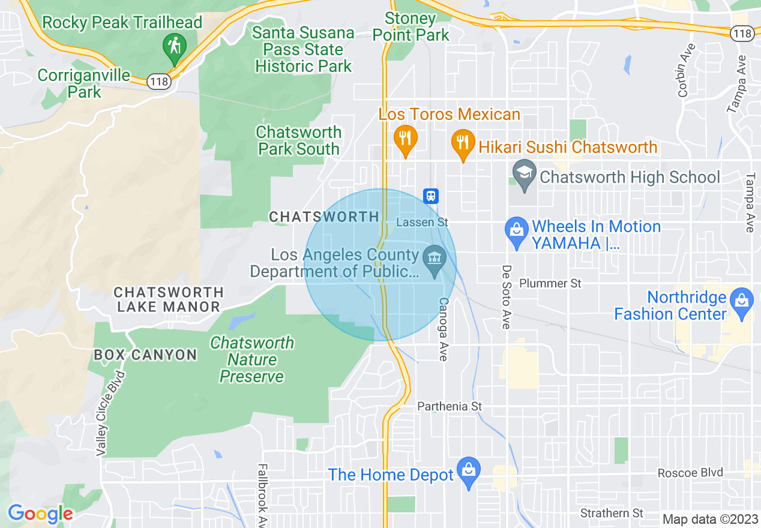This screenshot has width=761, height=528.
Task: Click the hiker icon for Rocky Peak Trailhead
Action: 175,46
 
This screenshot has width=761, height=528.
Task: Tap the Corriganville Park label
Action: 84,83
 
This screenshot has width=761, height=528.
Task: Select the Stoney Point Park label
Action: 411,27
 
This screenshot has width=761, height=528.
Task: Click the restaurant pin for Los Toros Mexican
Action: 405,139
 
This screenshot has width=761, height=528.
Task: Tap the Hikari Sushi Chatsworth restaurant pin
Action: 463,143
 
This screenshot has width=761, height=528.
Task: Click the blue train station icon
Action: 431,196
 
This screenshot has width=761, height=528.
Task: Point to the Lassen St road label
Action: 423,222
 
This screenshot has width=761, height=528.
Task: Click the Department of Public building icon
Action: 434,260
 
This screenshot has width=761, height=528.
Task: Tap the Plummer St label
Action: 550,283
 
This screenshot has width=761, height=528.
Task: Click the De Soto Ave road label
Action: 506,296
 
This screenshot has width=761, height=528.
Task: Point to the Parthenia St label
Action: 450,406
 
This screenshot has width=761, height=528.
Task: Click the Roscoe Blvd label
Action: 690,472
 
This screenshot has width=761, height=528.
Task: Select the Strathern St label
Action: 612,513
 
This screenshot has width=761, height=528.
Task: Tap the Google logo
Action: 40,514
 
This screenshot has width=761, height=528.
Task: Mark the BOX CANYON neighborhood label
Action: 145,355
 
